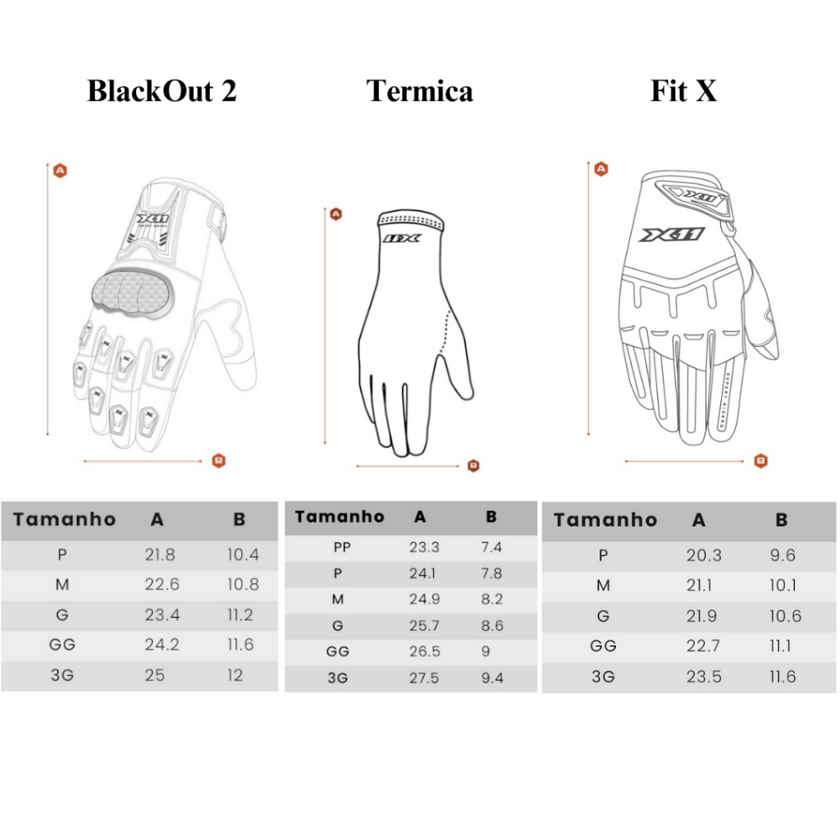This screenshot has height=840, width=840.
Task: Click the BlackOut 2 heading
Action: tap(162, 90)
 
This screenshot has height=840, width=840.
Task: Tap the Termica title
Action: tap(419, 90)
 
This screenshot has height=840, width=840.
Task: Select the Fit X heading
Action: tap(683, 90)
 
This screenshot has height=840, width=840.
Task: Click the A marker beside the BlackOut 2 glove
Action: tap(60, 171)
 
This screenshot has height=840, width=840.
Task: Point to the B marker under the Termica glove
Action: tap(473, 466)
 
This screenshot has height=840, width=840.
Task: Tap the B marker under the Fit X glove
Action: tap(760, 461)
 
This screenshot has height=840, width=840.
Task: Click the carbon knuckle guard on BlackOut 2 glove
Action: tap(134, 293)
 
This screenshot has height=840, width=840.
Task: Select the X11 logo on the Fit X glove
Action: tap(672, 235)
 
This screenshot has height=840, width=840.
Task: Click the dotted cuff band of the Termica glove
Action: tap(412, 221)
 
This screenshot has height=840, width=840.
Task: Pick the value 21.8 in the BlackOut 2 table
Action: tap(160, 555)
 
